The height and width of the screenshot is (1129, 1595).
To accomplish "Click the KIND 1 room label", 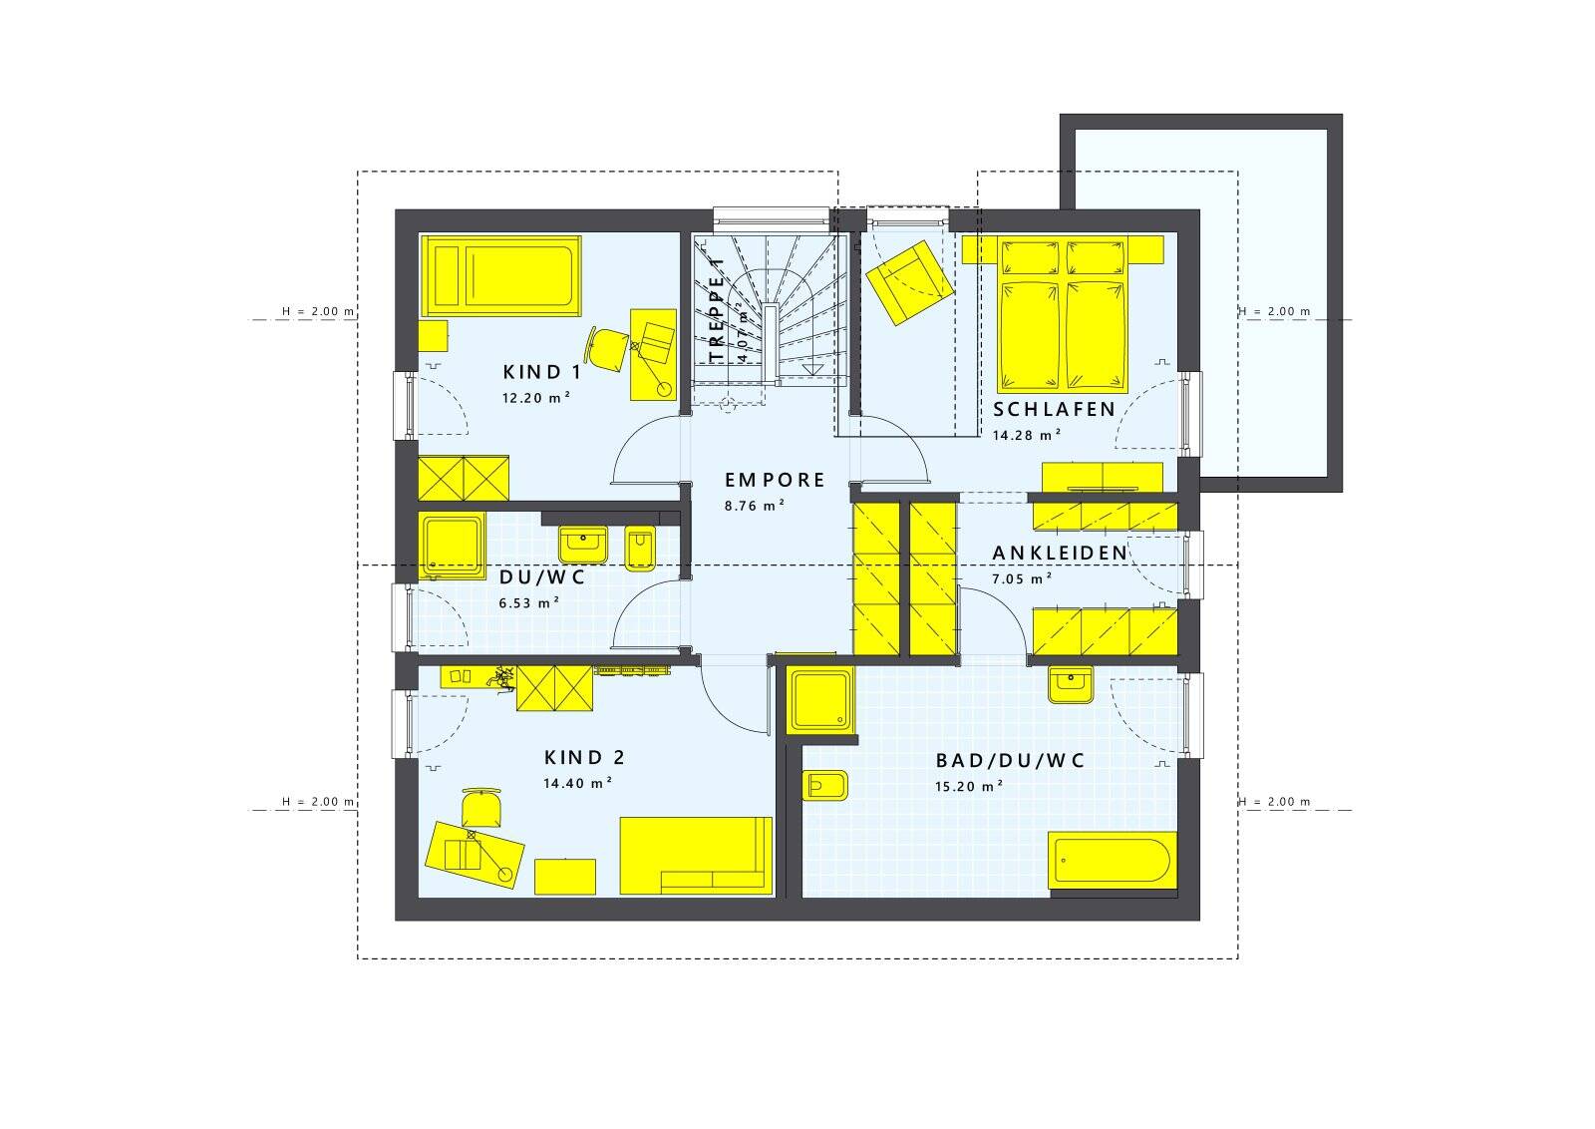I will click(542, 373).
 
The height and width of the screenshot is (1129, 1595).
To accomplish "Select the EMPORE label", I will click(775, 481).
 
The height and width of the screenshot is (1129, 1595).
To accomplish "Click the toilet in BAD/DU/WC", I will click(825, 787).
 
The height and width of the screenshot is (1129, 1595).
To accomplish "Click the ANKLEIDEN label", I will click(1059, 553).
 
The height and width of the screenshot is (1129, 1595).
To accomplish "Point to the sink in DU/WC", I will click(583, 545).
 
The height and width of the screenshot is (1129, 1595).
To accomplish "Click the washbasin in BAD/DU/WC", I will click(1071, 686).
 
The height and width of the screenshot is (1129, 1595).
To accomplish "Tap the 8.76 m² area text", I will click(755, 506).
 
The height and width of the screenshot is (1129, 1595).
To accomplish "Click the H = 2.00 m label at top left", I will click(318, 312).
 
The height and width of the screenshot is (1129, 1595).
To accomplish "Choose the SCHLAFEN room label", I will click(1054, 410).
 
